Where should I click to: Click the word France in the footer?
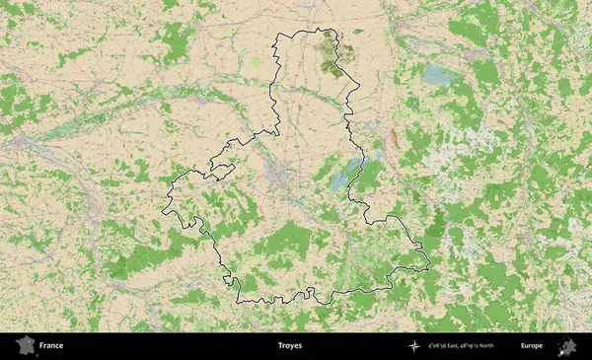(51, 346)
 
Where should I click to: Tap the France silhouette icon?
(21, 346)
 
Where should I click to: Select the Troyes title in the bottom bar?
(290, 346)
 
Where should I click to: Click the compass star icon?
(412, 346)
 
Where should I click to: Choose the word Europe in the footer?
(531, 346)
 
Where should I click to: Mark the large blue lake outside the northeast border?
(435, 74)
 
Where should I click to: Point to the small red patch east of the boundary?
(392, 138)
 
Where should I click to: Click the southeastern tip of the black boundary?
(429, 263)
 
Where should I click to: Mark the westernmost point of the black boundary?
(163, 209)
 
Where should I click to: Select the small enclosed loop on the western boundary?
(222, 170)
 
